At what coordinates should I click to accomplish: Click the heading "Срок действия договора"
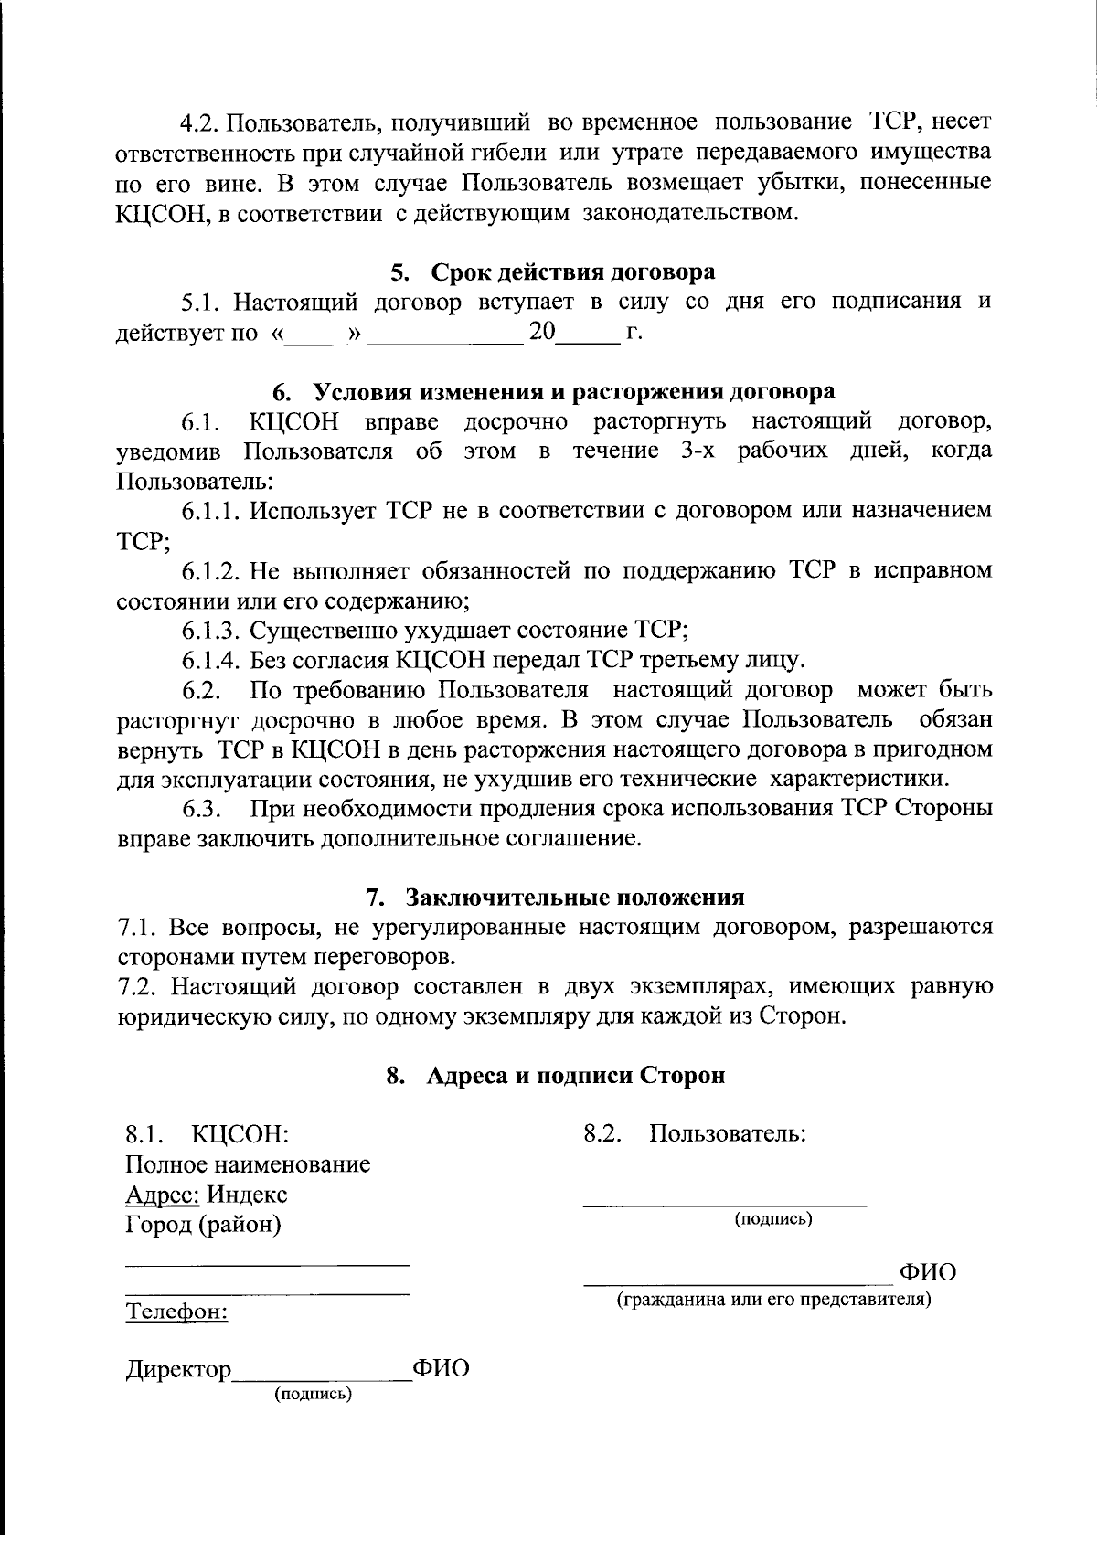click(572, 272)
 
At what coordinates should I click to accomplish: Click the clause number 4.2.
click(200, 122)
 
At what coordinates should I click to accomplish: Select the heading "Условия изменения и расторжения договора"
click(573, 392)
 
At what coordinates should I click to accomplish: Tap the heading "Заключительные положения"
click(575, 898)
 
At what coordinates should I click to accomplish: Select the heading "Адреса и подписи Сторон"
click(575, 1076)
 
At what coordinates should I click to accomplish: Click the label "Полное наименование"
click(248, 1165)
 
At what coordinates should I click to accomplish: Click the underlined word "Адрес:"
click(162, 1195)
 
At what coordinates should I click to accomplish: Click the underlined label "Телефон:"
click(176, 1312)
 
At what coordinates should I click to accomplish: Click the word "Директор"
click(178, 1370)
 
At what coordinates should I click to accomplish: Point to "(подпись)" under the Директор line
click(314, 1395)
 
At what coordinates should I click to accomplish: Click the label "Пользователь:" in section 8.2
click(728, 1135)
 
